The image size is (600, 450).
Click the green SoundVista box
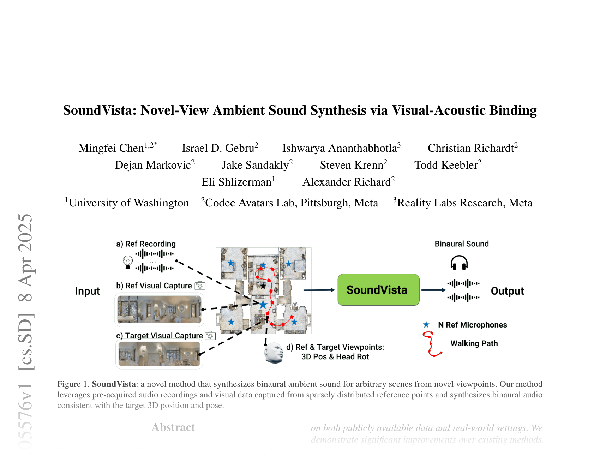tap(378, 290)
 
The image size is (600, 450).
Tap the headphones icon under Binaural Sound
tap(459, 263)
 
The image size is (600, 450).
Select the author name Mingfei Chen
tap(111, 148)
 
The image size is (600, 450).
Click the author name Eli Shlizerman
tap(236, 182)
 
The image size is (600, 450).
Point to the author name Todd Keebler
tap(446, 165)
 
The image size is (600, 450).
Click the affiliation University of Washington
tap(129, 203)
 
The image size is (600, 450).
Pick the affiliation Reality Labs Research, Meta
tap(464, 203)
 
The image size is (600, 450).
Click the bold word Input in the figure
tap(87, 291)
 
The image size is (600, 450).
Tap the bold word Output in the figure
tap(507, 291)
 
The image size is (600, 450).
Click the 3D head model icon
tap(274, 353)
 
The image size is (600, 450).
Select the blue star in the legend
tap(426, 325)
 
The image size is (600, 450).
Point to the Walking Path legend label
tap(474, 343)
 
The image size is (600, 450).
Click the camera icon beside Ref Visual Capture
tap(200, 286)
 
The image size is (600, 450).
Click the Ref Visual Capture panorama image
tap(159, 309)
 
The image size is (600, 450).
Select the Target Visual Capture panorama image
tap(159, 354)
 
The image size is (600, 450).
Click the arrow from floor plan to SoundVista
tap(319, 290)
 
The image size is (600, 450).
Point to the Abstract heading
tap(173, 427)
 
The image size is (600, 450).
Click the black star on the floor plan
tap(263, 286)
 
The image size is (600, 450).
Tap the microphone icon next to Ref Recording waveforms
tap(128, 262)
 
